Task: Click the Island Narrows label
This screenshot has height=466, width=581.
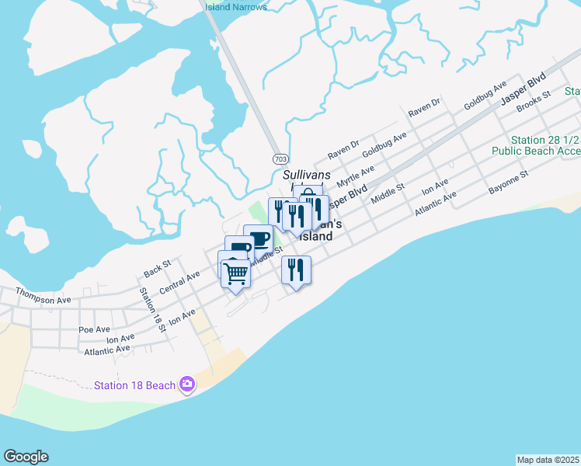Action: (236, 7)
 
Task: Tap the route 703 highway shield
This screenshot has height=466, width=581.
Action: (280, 158)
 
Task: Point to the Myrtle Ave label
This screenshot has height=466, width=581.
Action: (355, 175)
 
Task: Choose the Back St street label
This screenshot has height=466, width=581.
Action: (157, 269)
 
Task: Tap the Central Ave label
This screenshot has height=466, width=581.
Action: (179, 283)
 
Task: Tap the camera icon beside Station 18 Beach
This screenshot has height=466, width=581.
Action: (186, 384)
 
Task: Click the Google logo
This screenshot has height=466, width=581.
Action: (26, 457)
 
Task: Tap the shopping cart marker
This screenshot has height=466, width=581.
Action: (235, 273)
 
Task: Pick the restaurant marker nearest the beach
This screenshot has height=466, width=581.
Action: (296, 270)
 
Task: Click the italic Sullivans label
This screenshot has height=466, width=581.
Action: (308, 175)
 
